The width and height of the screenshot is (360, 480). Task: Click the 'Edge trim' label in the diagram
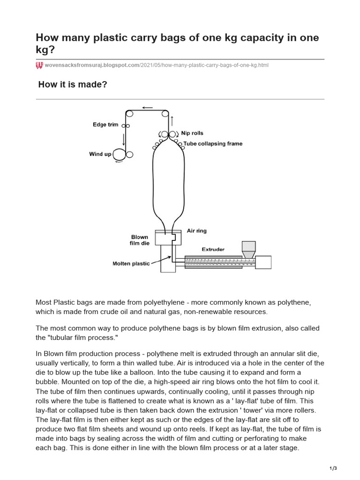click(x=105, y=125)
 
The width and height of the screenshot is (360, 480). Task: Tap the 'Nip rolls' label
click(x=192, y=133)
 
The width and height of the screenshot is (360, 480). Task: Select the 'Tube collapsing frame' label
click(x=213, y=143)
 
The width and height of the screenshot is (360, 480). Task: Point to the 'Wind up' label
click(x=100, y=154)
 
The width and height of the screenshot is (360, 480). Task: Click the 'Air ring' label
click(x=196, y=231)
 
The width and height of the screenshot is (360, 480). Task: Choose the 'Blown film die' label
click(x=139, y=240)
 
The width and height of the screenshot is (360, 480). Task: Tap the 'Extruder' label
click(x=213, y=249)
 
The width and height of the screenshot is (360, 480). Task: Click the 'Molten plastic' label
click(x=131, y=263)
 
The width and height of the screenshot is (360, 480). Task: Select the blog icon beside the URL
click(x=39, y=65)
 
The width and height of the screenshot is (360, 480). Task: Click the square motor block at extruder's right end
click(x=263, y=262)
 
